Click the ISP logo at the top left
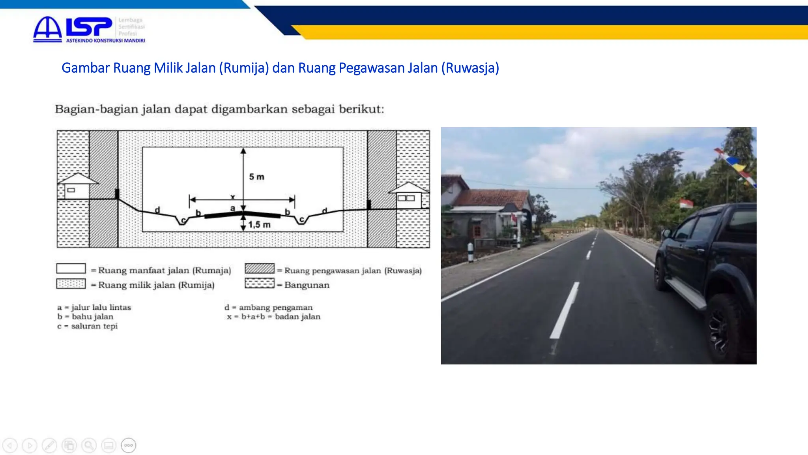89,29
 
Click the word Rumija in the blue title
244,68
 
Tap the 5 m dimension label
256,177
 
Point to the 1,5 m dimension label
259,225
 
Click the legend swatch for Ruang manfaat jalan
71,269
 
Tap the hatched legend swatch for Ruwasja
259,269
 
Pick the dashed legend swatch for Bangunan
259,284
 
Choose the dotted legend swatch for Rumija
71,284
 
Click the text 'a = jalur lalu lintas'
94,307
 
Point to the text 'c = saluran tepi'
87,326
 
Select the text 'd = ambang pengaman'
269,307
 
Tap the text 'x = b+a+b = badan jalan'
273,317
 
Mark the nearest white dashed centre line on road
565,310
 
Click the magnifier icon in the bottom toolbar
89,446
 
